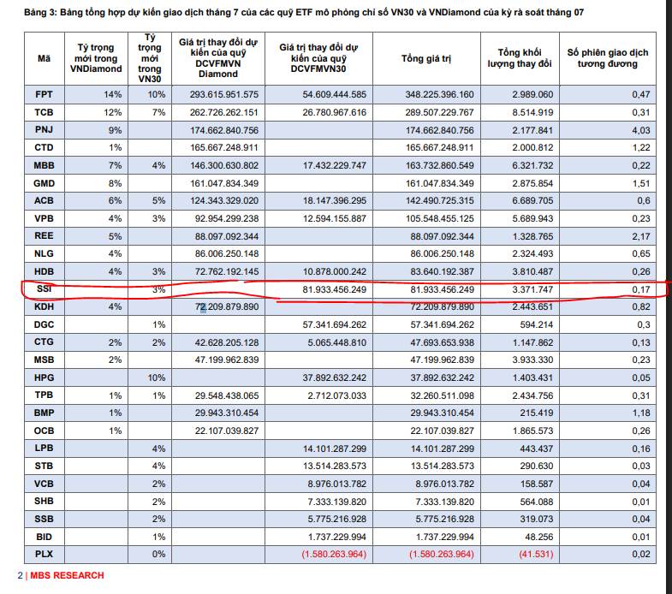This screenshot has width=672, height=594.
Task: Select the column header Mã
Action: (44, 58)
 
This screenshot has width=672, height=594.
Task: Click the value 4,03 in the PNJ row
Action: (638, 130)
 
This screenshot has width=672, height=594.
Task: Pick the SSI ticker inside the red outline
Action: (44, 290)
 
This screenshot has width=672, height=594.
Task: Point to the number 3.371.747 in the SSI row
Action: (532, 290)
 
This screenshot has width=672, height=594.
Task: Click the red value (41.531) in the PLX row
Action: (532, 555)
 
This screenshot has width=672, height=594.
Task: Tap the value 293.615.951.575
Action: (218, 94)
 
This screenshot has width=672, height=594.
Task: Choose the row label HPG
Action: (44, 378)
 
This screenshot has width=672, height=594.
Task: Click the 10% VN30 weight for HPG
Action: (158, 378)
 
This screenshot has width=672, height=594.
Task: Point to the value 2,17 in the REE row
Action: (638, 236)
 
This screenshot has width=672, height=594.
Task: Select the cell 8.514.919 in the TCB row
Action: (532, 112)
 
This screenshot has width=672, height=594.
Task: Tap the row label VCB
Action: (44, 484)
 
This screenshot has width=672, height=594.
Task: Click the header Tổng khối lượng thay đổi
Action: (519, 58)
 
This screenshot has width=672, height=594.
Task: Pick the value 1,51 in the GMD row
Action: (638, 183)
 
